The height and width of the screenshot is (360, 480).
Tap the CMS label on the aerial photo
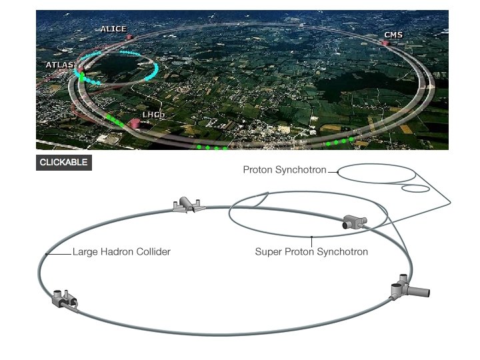tap(393, 35)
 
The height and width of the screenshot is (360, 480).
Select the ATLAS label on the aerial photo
tap(59, 65)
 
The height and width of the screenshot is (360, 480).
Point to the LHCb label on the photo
tap(153, 115)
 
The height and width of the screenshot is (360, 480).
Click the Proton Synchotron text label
tap(285, 170)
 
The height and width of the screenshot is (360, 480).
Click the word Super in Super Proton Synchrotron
tap(267, 252)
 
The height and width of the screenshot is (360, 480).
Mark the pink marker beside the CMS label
tap(385, 43)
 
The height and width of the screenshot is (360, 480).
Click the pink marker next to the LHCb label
tap(135, 123)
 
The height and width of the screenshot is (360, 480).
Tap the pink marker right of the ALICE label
tap(130, 37)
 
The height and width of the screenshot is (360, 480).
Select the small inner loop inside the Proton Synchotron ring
tap(415, 188)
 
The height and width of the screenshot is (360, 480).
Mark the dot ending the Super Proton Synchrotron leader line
tap(311, 237)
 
